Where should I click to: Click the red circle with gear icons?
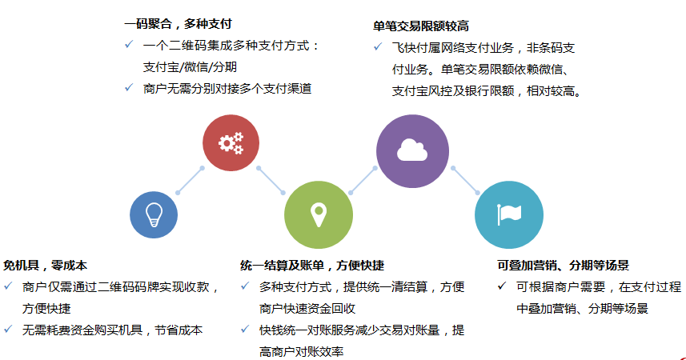point(231,143)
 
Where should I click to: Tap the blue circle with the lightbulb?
point(154,214)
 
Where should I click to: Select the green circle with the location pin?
point(319,214)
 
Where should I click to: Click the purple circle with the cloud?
point(412,151)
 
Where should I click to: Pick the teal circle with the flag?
point(509,214)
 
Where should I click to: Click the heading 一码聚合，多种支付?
point(178,24)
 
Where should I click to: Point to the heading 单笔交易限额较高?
point(421,26)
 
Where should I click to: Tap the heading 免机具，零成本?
point(45,266)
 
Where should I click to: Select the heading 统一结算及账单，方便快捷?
point(312,266)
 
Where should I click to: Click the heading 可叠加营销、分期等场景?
point(563,266)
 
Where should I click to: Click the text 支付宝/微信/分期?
point(190,67)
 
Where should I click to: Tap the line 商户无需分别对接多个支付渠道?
point(227,89)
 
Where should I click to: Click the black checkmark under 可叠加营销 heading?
point(502,286)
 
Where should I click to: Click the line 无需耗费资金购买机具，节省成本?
point(112,330)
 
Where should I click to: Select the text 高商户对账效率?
point(301,352)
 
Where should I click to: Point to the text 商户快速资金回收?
point(307,309)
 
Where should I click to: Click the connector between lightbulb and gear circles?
point(190,180)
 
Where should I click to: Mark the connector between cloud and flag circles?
point(466,180)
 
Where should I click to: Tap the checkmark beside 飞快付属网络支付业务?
point(378,46)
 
